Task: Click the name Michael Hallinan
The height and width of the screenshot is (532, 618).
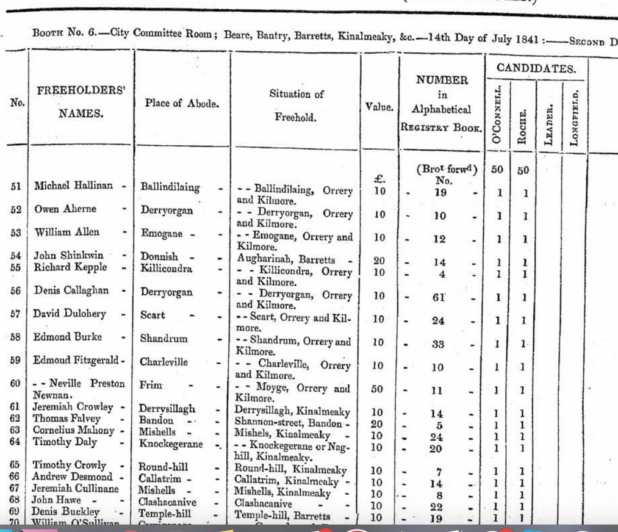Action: coord(73,186)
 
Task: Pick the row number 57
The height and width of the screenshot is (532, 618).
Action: coord(16,314)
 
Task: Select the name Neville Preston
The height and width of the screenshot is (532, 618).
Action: coord(87,384)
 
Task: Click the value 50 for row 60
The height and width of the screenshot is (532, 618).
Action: coord(379,389)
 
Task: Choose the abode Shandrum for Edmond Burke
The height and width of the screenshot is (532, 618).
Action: coord(164,337)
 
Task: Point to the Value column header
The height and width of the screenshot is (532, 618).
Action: coord(379,107)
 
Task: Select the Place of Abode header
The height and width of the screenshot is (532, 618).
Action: coord(181,104)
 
